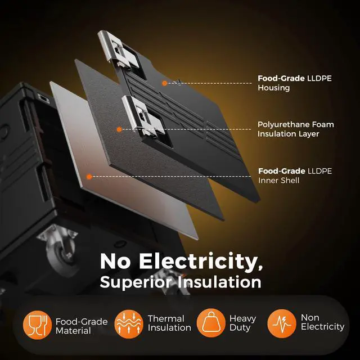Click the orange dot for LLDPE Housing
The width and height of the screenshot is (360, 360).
(164, 83)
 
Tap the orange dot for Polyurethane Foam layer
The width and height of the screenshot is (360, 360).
(119, 129)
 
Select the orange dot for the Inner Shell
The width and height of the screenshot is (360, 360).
(89, 177)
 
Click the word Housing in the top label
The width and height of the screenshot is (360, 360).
(274, 88)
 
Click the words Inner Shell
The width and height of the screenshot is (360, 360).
(279, 181)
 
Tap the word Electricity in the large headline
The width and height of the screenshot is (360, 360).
(201, 261)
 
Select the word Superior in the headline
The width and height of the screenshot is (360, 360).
(136, 282)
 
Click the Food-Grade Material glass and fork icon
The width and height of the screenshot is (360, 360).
(37, 325)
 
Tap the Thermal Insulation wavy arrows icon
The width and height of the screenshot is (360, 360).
(129, 324)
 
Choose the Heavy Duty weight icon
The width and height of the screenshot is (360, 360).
(211, 323)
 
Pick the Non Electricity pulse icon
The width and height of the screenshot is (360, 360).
(282, 323)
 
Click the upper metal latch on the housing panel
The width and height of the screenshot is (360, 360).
(118, 51)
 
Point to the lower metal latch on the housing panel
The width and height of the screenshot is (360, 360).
(142, 116)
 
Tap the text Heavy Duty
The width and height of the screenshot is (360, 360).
(242, 323)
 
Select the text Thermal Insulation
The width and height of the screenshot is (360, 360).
(169, 323)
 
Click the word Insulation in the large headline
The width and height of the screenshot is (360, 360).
(220, 282)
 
